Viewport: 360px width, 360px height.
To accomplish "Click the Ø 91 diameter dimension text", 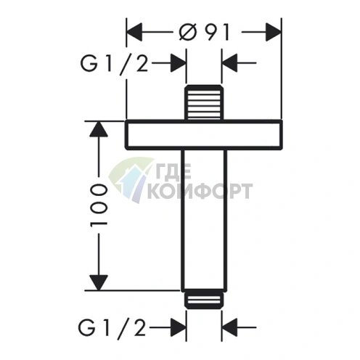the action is (x=204, y=33).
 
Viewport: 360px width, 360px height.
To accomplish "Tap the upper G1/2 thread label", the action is (x=114, y=63).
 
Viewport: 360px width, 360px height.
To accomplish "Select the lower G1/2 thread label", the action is (x=112, y=327).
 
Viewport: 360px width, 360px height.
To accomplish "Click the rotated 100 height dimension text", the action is (x=99, y=205).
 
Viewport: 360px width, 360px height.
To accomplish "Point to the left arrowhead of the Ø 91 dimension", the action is (x=134, y=32).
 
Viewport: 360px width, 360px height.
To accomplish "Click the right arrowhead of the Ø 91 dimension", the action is (x=274, y=32).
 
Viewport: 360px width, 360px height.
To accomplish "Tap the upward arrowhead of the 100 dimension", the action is (x=99, y=128).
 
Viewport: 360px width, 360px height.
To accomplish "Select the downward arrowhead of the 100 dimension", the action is (x=99, y=282).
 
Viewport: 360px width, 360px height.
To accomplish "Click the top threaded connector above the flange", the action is (x=204, y=102).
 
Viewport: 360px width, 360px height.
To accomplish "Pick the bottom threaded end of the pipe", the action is (x=204, y=299).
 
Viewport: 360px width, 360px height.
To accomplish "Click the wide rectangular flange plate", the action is (x=204, y=134).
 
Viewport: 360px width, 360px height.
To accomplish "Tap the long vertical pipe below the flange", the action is (x=204, y=220).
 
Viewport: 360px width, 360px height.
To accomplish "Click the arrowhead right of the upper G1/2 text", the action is (x=179, y=63).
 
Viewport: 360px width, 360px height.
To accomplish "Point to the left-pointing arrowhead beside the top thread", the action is (x=229, y=63).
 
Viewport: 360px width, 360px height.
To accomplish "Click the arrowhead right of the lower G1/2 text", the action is (x=179, y=327).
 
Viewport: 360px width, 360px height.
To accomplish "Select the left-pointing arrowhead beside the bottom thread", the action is (x=229, y=327).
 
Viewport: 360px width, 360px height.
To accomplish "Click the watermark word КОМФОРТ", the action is (x=200, y=191).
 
